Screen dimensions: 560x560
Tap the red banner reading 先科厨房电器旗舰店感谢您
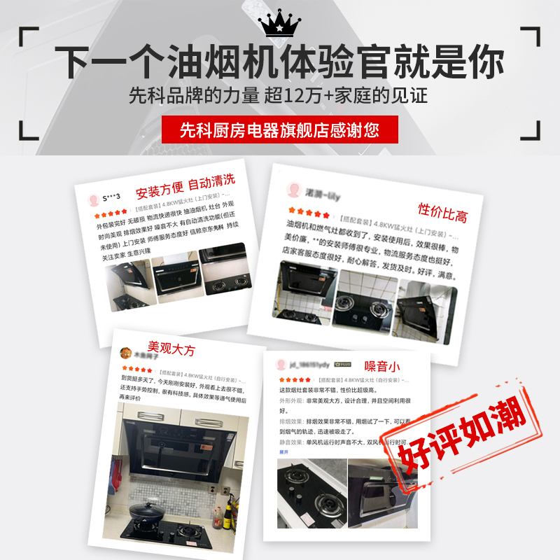(279, 129)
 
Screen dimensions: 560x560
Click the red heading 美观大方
(171, 348)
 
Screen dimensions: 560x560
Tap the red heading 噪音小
(382, 366)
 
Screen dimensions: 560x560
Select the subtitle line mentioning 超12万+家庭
(279, 96)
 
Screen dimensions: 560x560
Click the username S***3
(111, 198)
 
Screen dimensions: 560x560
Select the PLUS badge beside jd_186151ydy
(342, 365)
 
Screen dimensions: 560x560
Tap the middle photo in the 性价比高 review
(364, 302)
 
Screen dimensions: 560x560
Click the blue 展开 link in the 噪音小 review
(284, 451)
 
